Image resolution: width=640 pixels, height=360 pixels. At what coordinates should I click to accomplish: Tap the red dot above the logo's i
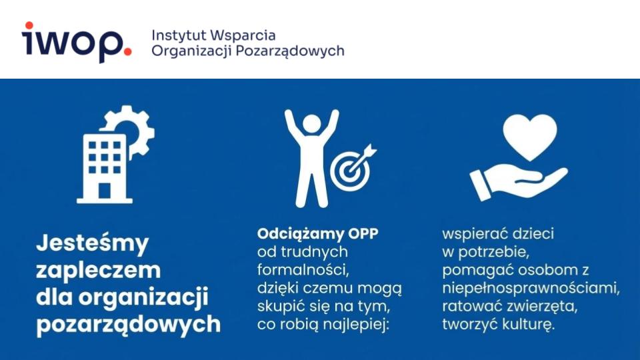(x=27, y=26)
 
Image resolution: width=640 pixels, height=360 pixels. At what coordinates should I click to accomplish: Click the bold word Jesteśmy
(x=92, y=244)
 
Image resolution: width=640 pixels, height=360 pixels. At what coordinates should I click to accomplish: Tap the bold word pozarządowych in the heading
(x=128, y=324)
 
